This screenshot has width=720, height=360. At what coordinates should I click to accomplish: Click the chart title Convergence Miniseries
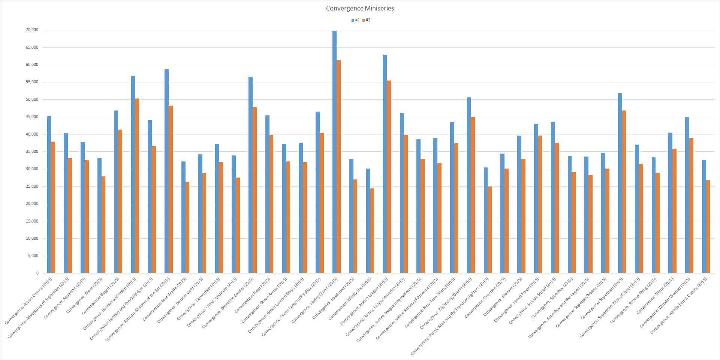tap(360, 8)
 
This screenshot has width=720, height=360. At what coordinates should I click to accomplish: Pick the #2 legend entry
tap(366, 20)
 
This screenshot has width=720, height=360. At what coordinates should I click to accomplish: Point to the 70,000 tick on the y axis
tap(32, 30)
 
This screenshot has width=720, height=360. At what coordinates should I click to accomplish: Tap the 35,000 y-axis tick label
tap(32, 152)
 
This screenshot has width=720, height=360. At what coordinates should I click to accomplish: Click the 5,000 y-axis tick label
tap(33, 256)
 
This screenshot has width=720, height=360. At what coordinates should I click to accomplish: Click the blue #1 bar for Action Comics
tap(49, 194)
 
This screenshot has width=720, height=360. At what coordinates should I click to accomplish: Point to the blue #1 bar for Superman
tap(620, 183)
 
